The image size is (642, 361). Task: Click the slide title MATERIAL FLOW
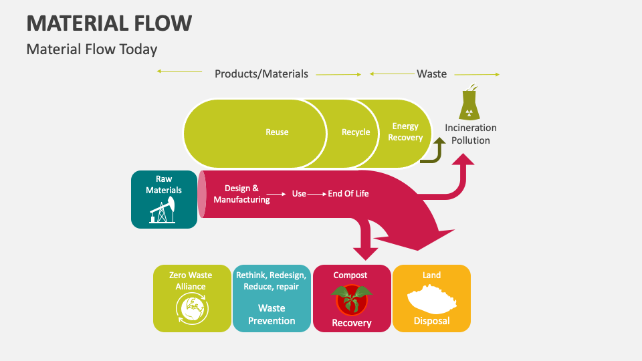coord(109,23)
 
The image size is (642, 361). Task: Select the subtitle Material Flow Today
coord(92,49)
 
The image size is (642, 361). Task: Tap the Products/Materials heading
coord(261,74)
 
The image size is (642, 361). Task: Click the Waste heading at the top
coord(431,74)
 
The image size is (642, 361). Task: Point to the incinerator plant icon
coord(471,103)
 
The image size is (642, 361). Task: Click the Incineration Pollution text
coord(471,134)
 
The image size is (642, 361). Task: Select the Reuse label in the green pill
coord(277,132)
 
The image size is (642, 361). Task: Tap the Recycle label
coord(356,132)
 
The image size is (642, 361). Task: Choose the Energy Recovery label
coord(405,132)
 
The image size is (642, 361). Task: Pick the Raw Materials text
coord(164,185)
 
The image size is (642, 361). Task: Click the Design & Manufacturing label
coord(241,194)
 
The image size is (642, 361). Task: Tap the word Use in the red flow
coord(299,194)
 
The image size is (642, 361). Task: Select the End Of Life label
coord(348,194)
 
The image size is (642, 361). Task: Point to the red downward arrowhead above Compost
coord(366,253)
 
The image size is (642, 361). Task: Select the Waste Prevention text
coord(272,314)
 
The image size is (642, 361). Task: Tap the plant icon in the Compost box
coord(352,299)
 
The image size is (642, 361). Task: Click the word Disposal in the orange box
coord(431,321)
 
